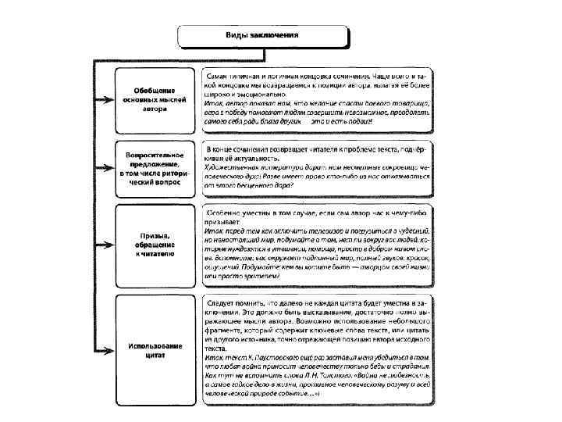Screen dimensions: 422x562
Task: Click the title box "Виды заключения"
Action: tap(261, 36)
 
